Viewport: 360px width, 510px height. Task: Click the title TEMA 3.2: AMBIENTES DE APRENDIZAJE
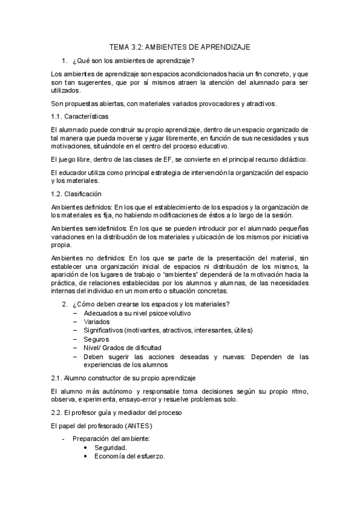click(180, 46)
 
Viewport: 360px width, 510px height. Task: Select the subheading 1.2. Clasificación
click(76, 194)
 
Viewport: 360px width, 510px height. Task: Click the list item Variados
click(97, 322)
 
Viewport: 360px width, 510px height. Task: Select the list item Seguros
click(96, 339)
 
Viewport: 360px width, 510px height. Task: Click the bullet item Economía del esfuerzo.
click(130, 456)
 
